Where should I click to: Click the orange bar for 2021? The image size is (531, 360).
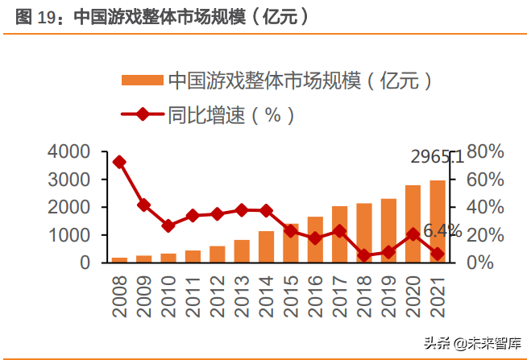click(x=436, y=221)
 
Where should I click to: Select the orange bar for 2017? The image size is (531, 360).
click(x=339, y=234)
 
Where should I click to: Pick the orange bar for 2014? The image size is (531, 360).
click(x=266, y=246)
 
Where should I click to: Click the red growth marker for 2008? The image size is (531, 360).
click(x=119, y=162)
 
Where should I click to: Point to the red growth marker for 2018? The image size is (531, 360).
click(x=363, y=255)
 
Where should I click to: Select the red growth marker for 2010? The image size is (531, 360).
click(x=168, y=226)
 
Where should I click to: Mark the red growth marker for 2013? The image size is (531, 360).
click(x=241, y=210)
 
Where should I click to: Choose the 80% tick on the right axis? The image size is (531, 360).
click(x=485, y=151)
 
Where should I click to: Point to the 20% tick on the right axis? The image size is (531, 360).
click(x=485, y=235)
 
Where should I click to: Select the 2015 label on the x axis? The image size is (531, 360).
click(x=291, y=293)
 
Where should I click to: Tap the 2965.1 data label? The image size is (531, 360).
click(x=436, y=158)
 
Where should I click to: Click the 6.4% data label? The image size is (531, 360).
click(x=442, y=232)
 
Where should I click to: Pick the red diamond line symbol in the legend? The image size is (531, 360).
click(x=143, y=114)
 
